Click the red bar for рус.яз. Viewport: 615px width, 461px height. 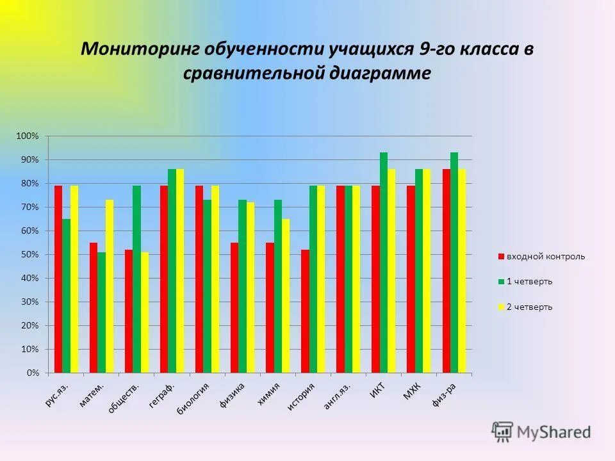[58, 279]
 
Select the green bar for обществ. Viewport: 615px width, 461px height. [136, 279]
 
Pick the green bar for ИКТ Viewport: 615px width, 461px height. [383, 263]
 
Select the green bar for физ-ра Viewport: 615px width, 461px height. [454, 263]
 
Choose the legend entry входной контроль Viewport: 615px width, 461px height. [541, 257]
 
